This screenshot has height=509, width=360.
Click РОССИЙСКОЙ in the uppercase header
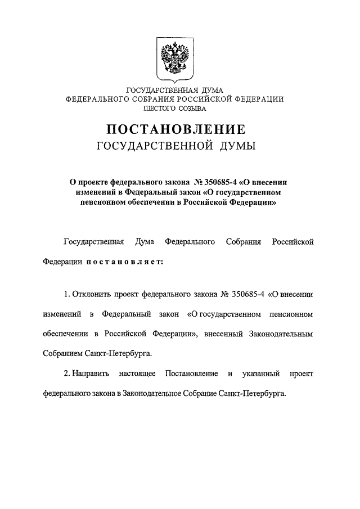coord(210,98)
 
